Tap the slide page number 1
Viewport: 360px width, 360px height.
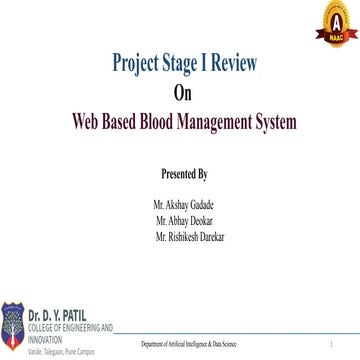[331, 343]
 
